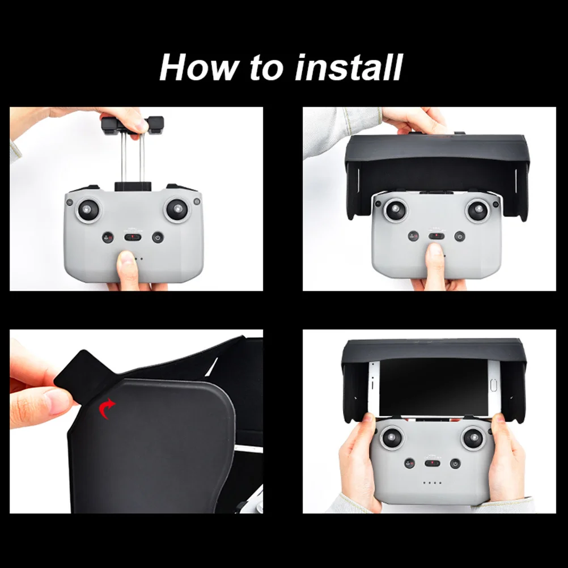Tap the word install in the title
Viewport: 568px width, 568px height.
pyautogui.click(x=349, y=68)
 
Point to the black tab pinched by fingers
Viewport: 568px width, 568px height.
pyautogui.click(x=85, y=374)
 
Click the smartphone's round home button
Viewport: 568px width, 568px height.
pyautogui.click(x=494, y=387)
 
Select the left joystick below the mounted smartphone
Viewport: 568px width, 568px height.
pyautogui.click(x=391, y=438)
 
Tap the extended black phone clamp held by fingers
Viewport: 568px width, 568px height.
pyautogui.click(x=132, y=124)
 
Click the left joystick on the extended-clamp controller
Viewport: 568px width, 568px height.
pyautogui.click(x=89, y=210)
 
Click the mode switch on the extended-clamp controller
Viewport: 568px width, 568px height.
pyautogui.click(x=133, y=237)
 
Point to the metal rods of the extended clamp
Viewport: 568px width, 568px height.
pyautogui.click(x=132, y=159)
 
